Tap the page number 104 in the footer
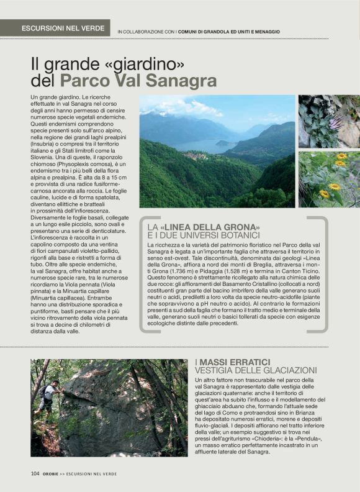(x=35, y=473)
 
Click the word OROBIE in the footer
(x=53, y=473)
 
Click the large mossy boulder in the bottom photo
(x=106, y=404)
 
